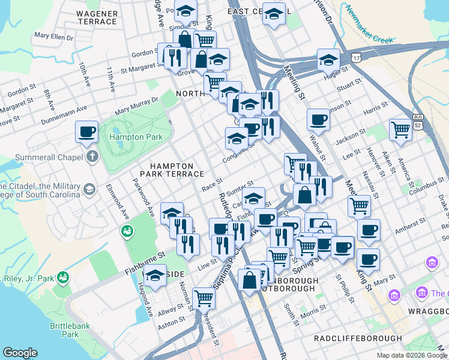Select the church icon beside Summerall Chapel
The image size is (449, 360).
click(x=91, y=157)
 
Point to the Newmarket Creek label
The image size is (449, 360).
click(x=370, y=27)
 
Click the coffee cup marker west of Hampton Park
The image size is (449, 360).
click(x=86, y=131)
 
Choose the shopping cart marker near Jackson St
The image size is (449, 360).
click(x=400, y=129)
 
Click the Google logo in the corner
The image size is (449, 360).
click(x=20, y=353)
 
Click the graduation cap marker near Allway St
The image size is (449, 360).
click(x=155, y=275)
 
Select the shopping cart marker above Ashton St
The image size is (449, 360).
click(x=203, y=296)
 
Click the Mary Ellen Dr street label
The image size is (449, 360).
click(x=54, y=37)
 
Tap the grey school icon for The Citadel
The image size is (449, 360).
click(x=89, y=190)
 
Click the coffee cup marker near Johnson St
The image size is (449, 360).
click(x=318, y=119)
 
